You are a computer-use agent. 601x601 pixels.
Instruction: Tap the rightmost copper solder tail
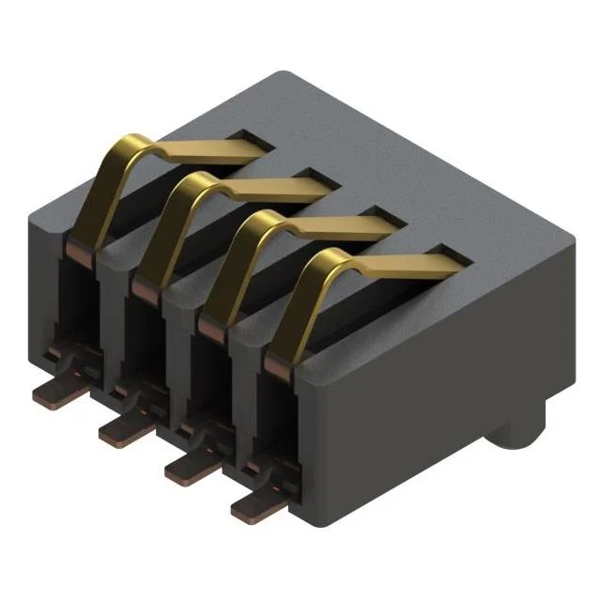[x=255, y=508]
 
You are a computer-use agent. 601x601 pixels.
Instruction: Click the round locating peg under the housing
[x=514, y=436]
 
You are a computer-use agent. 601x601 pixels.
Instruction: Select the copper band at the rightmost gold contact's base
[x=279, y=364]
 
